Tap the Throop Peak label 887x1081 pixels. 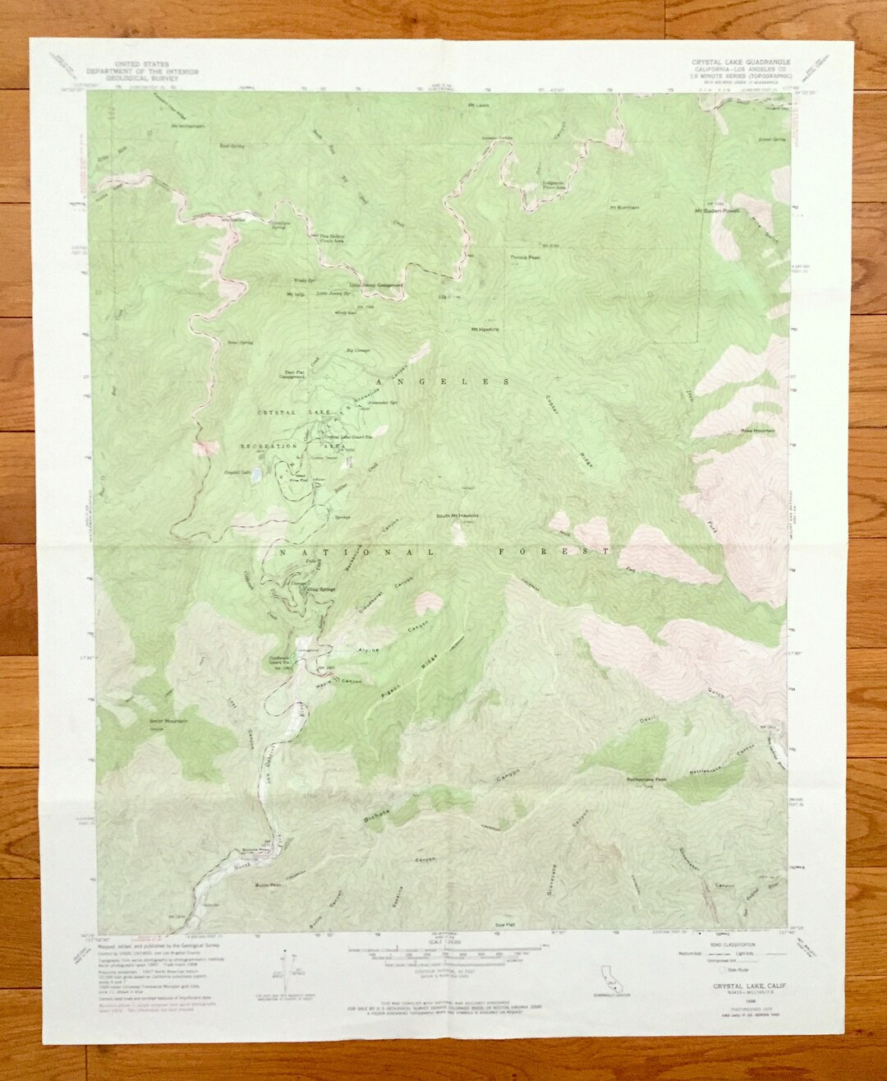[523, 257]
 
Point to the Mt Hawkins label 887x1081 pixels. [485, 330]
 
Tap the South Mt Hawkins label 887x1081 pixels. [457, 516]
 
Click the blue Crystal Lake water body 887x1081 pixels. [257, 474]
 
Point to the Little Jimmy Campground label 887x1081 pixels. [376, 285]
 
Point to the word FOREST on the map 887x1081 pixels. [554, 552]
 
